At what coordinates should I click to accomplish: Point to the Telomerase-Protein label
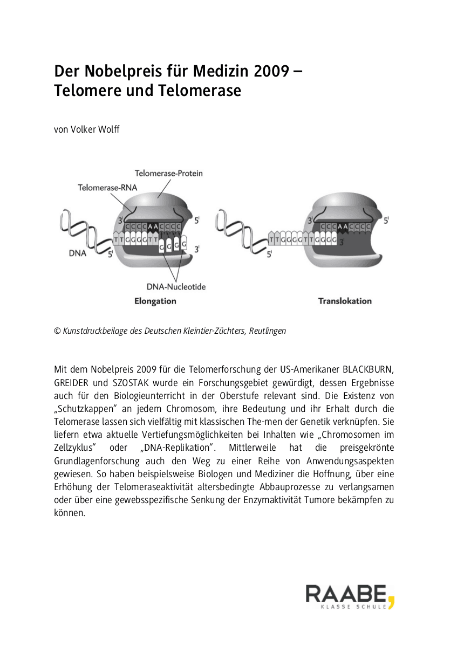coord(168,174)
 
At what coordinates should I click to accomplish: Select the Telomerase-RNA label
coord(107,188)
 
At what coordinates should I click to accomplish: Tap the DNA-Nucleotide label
coord(176,287)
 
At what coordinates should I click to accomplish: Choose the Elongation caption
coord(155,301)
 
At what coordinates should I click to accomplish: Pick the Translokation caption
coord(345,301)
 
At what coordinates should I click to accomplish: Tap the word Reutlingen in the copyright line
coord(267,331)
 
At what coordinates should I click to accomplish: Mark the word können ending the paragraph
coord(70,513)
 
